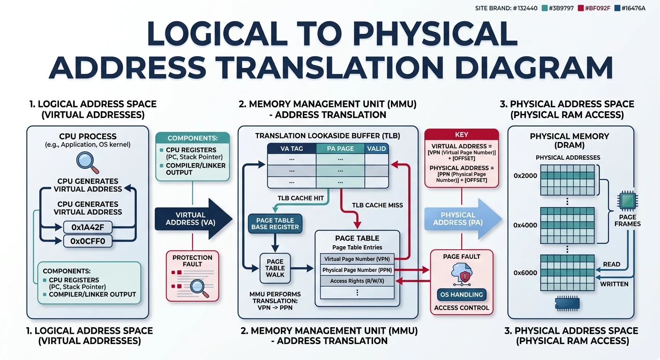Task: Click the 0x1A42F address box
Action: pos(88,227)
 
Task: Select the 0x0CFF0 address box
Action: pos(88,241)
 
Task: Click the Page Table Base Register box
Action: pos(275,224)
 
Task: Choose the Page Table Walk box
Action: pos(275,268)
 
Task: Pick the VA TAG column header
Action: pos(291,149)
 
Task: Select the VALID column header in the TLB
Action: pos(377,149)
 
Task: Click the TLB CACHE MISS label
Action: pos(377,205)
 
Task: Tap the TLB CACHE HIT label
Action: pos(301,198)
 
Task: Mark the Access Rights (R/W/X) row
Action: pos(357,281)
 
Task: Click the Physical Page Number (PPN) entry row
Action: pos(357,270)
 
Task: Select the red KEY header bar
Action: pos(462,134)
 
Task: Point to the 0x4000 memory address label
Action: pos(525,225)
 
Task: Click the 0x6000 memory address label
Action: pos(525,272)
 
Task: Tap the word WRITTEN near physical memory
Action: pos(615,284)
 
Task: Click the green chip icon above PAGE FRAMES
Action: pos(627,201)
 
